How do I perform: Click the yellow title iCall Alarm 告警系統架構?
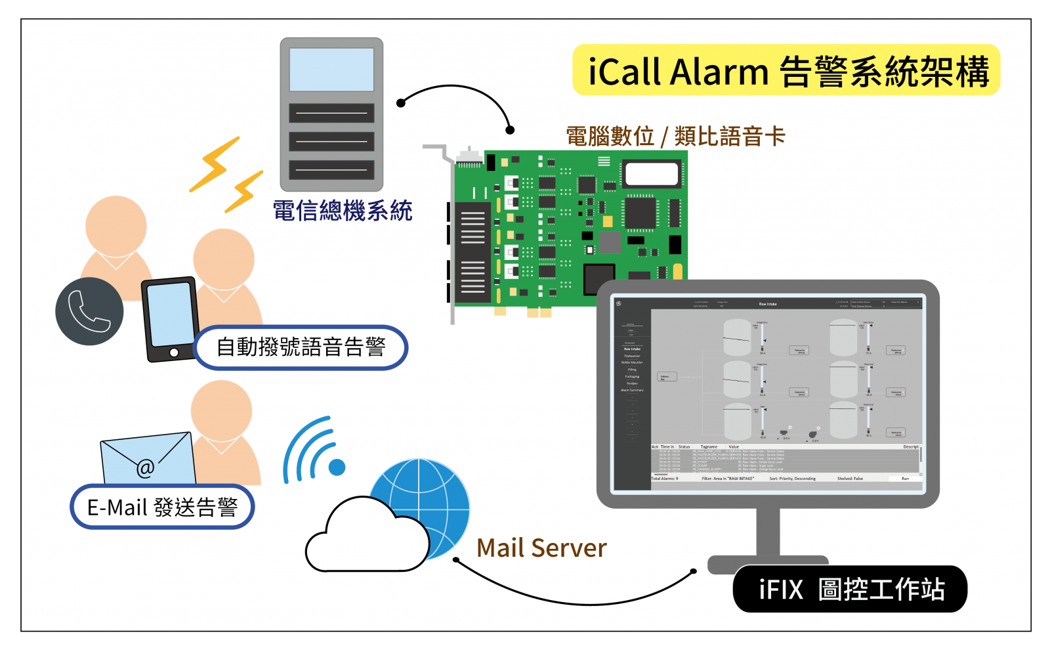point(786,71)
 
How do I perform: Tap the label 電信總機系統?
point(342,211)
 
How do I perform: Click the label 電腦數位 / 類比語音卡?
point(675,137)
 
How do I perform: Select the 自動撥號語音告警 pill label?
point(301,347)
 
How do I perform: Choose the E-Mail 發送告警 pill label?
point(162,507)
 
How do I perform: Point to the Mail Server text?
point(541,548)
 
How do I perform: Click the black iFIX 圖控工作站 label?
point(850,589)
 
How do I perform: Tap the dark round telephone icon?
point(89,311)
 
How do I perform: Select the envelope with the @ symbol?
point(148,460)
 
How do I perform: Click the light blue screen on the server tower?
point(331,70)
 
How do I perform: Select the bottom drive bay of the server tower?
point(331,170)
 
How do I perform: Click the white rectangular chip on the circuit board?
point(651,174)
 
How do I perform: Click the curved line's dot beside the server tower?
point(401,103)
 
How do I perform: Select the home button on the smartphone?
point(174,353)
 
